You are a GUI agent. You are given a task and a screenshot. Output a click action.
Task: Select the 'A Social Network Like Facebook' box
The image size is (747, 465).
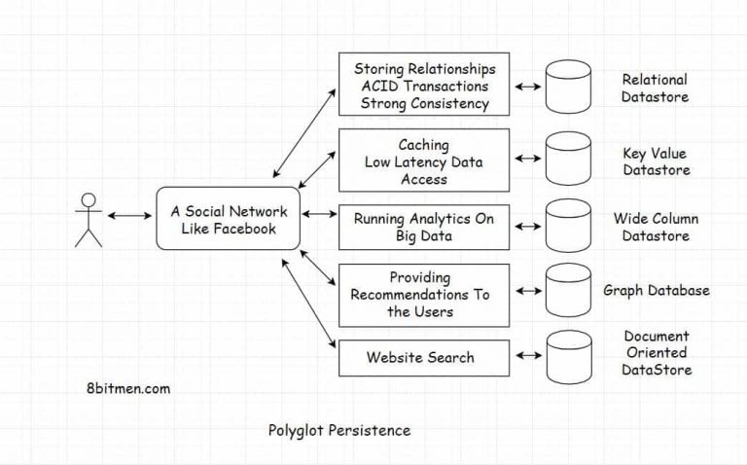[x=229, y=220]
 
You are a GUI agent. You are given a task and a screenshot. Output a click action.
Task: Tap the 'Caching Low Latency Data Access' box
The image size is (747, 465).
[x=423, y=161]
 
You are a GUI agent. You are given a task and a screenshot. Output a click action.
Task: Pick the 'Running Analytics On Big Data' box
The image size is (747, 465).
[x=423, y=226]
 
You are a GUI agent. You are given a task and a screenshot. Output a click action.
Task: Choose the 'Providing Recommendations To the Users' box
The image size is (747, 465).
[x=423, y=295]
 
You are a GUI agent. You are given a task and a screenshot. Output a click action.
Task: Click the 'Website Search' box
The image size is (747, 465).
[x=423, y=357]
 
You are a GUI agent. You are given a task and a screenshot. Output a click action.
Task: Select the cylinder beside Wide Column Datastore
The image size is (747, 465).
[x=569, y=226]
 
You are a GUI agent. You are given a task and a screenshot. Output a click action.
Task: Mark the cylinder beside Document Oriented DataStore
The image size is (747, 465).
[x=569, y=357]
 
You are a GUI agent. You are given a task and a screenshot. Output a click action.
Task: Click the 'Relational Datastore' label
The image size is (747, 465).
[x=655, y=88]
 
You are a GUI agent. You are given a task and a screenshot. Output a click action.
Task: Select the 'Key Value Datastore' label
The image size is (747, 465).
[x=655, y=161]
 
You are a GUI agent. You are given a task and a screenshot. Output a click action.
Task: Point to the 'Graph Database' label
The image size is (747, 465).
[x=656, y=290]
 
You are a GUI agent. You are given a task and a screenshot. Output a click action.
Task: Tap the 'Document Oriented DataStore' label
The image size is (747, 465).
[x=657, y=353]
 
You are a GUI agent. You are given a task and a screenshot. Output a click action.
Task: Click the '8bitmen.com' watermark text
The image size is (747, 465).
[x=128, y=387]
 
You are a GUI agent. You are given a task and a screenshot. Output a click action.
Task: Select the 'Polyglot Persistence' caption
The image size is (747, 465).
[x=338, y=429]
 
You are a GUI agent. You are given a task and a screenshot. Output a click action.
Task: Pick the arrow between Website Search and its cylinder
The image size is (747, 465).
[x=526, y=357]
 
